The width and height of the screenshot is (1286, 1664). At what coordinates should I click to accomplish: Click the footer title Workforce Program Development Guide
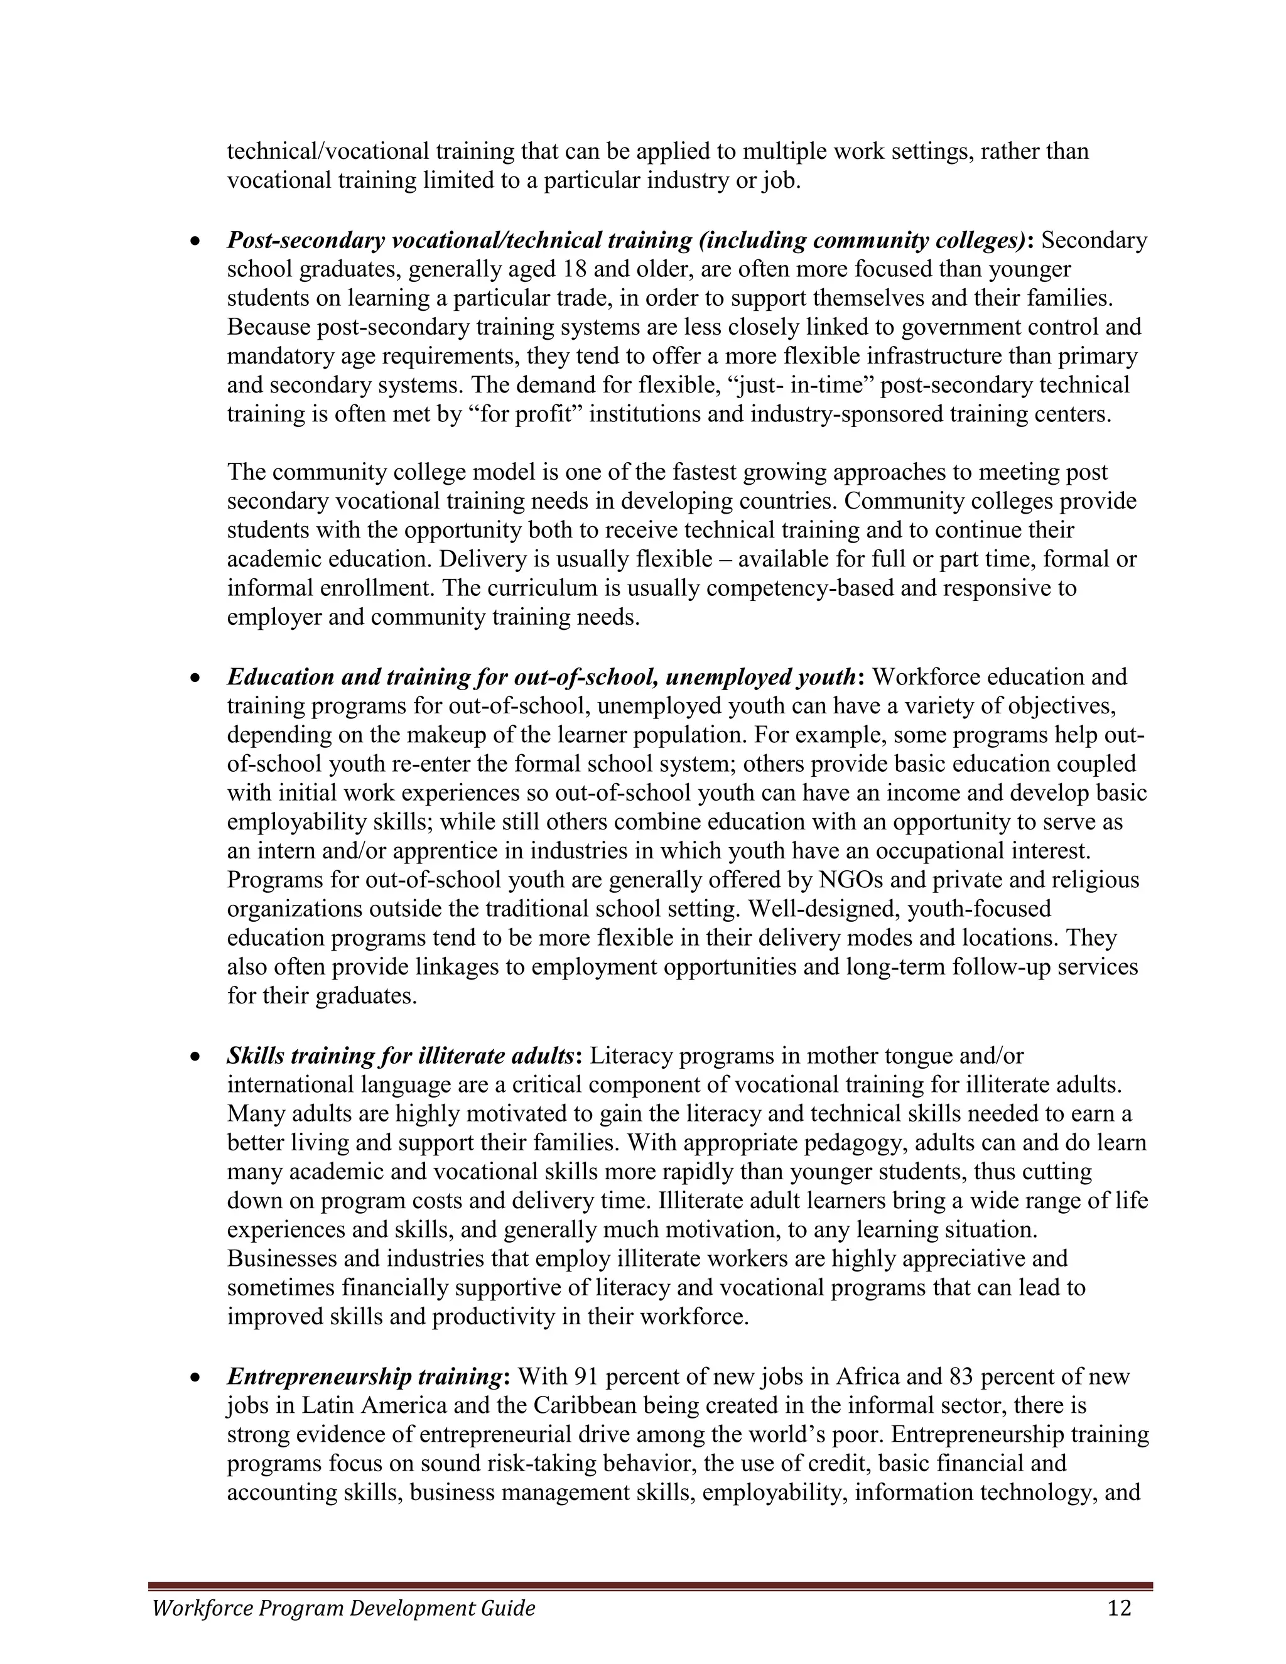point(343,1608)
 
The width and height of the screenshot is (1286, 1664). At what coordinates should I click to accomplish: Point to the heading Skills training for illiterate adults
point(400,1056)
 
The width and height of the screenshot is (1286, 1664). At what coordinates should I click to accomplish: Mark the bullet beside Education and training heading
point(197,678)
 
